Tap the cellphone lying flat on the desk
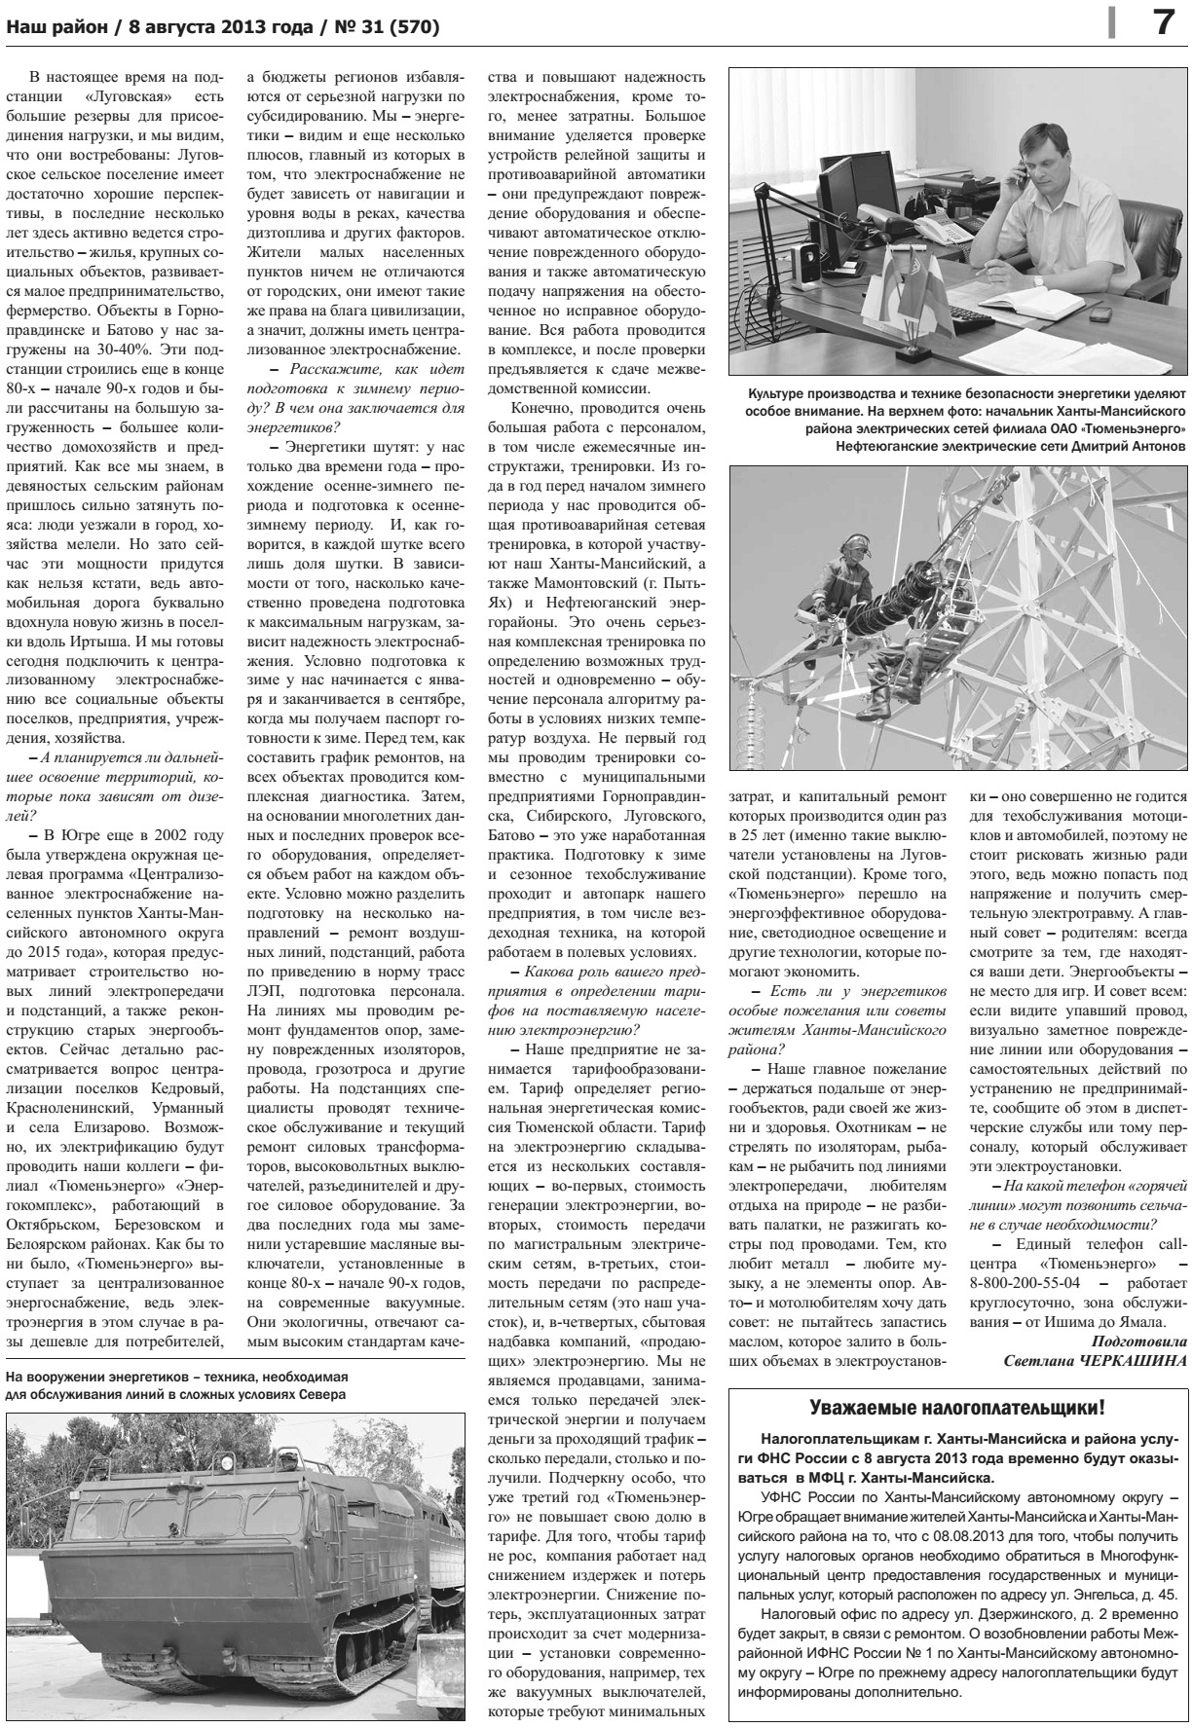[1100, 313]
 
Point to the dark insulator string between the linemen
[905, 600]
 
